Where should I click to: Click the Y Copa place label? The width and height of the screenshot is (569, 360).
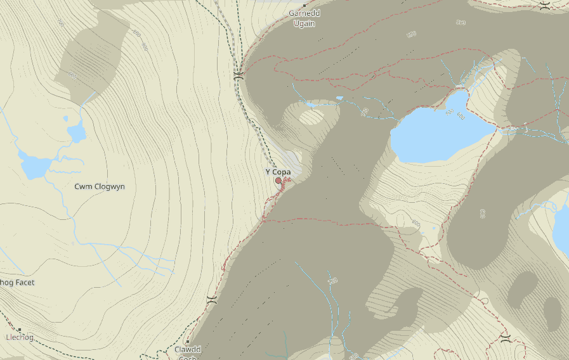point(278,172)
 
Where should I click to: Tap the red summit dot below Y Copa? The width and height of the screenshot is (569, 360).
point(278,181)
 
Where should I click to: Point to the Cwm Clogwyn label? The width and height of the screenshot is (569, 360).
point(100,186)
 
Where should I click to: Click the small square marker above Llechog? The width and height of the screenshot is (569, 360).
point(20,330)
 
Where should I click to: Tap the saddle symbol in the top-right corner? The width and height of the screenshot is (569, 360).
point(545,6)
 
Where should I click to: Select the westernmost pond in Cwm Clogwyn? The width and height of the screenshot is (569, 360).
point(34,167)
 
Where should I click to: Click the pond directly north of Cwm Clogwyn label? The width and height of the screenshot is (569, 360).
point(77,133)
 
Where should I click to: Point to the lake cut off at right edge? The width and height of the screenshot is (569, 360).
point(561,228)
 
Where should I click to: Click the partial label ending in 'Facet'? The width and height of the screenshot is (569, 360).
point(17,282)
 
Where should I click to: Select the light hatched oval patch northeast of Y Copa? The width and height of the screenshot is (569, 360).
point(311,117)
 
